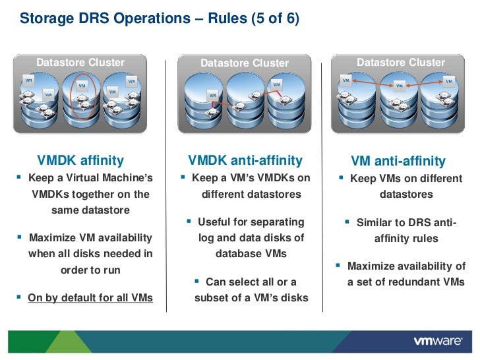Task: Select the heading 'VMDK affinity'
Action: (x=80, y=160)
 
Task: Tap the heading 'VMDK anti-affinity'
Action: (x=245, y=160)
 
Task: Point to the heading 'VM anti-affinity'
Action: (x=398, y=162)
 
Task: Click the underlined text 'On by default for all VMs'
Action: (x=90, y=297)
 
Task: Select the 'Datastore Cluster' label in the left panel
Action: (x=80, y=63)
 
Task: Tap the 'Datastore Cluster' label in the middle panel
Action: (x=245, y=63)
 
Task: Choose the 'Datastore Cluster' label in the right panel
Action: (x=401, y=63)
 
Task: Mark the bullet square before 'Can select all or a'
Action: (x=198, y=282)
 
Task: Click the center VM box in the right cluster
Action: (x=399, y=85)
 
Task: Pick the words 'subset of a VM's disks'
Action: (x=251, y=297)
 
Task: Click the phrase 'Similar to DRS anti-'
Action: (x=406, y=223)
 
